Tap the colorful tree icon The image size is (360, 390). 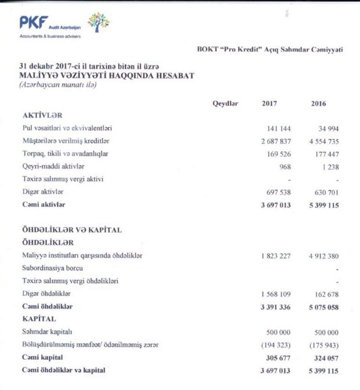[99, 22]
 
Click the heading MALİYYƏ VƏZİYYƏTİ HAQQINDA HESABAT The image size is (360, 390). [107, 75]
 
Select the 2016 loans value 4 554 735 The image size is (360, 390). [321, 141]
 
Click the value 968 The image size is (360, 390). [283, 166]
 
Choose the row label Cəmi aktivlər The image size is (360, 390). [44, 205]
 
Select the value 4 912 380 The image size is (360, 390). [321, 256]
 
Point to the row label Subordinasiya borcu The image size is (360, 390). [53, 268]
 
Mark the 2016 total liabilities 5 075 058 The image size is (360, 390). [320, 306]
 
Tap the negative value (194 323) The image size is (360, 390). [273, 345]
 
